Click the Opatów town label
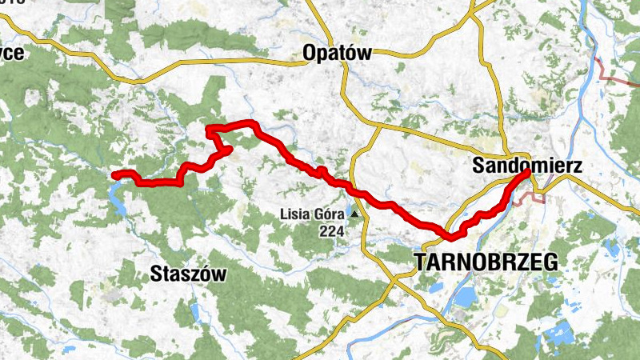click(x=338, y=54)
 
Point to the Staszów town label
click(x=188, y=274)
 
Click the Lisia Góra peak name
click(x=312, y=214)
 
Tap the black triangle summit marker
click(x=354, y=214)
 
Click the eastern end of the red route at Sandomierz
click(x=527, y=172)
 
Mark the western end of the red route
click(x=114, y=175)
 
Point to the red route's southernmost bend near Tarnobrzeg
click(x=450, y=237)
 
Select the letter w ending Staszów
click(x=219, y=274)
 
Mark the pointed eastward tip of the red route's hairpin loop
click(x=231, y=148)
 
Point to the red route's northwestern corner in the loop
click(x=208, y=128)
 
